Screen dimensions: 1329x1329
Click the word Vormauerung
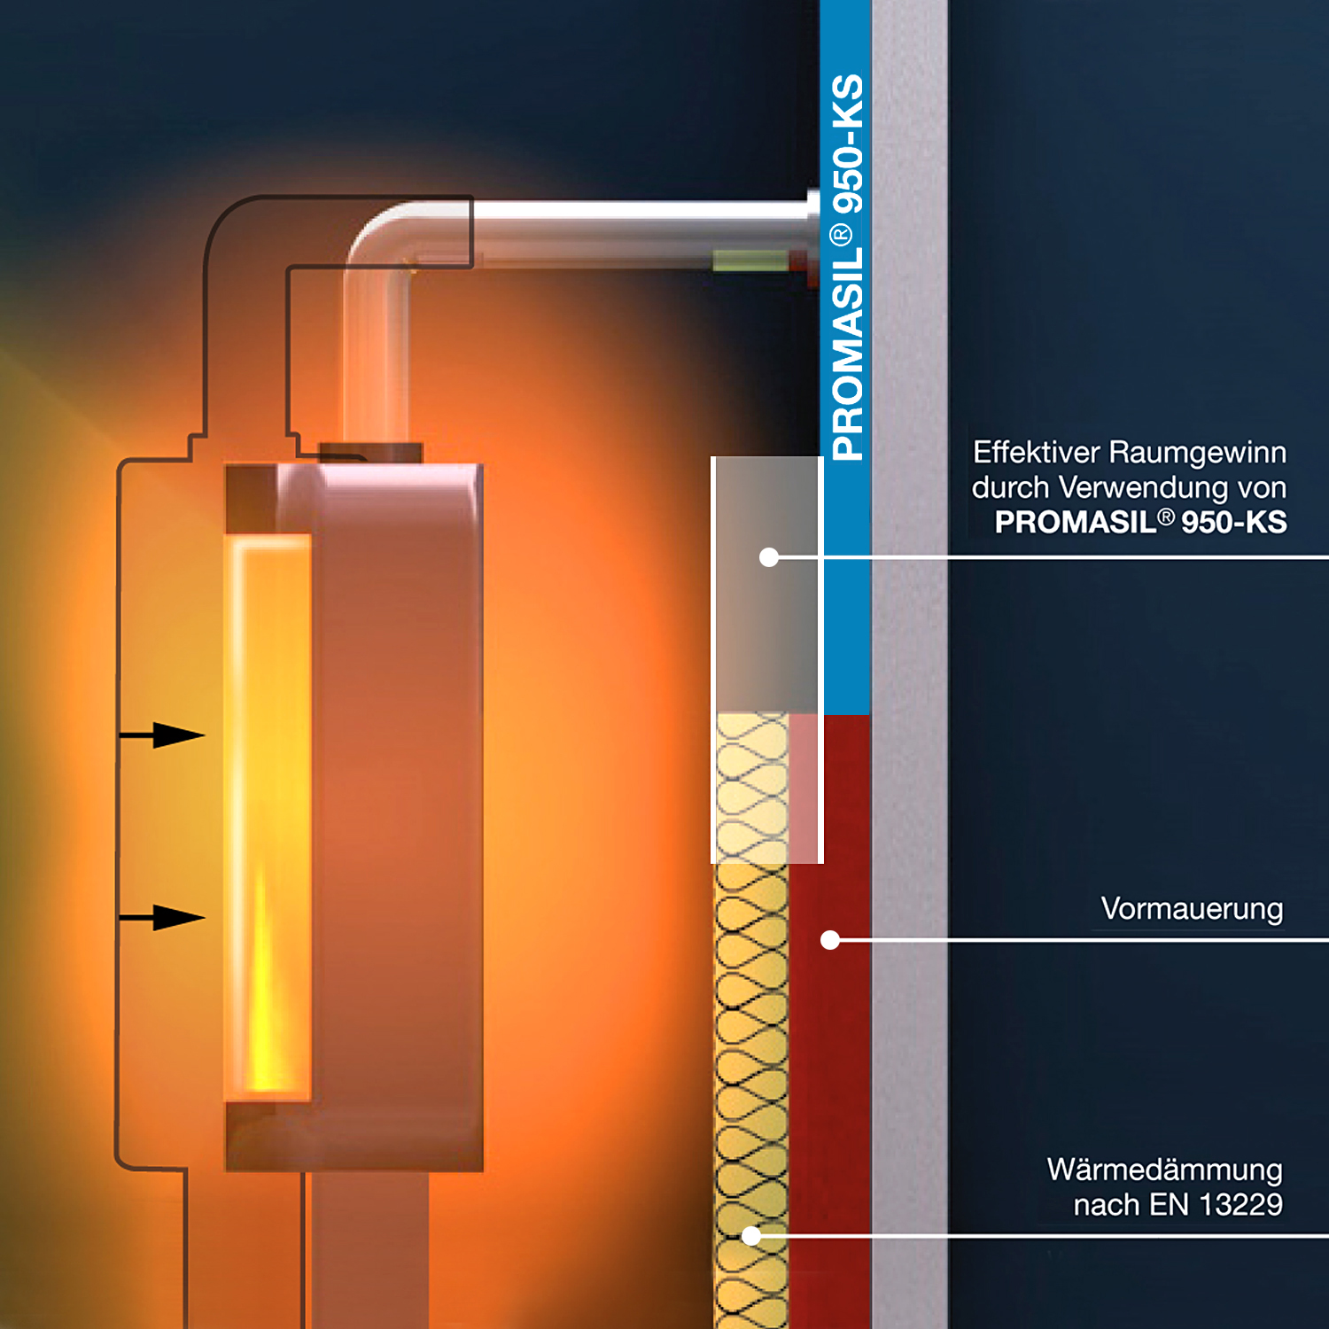tap(1192, 909)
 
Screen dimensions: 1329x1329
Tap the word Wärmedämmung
tap(1164, 1170)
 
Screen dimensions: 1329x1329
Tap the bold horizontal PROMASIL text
tap(1076, 523)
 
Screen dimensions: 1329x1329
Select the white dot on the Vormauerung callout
tap(830, 940)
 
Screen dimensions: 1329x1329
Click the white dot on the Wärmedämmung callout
tap(751, 1236)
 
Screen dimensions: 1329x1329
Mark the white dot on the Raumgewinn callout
tap(769, 557)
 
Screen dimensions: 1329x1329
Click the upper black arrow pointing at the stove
tap(162, 734)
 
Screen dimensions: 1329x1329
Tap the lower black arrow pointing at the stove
tap(162, 917)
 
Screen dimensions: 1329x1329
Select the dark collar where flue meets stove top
tap(371, 453)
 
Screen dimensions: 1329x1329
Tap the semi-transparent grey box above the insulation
tap(766, 585)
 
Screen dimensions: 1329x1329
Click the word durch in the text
tap(1011, 488)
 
